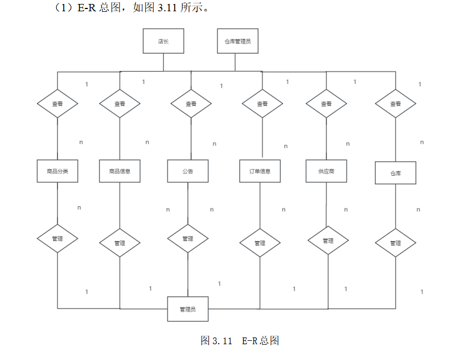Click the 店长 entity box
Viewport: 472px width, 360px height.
click(x=163, y=41)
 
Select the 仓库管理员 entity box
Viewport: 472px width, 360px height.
click(x=238, y=41)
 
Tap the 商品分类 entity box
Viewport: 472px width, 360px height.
click(x=57, y=171)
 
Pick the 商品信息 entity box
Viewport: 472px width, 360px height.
click(x=119, y=171)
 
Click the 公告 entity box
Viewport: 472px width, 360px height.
click(x=188, y=171)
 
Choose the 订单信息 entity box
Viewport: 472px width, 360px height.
click(x=260, y=171)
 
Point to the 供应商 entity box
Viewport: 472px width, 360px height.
click(x=326, y=171)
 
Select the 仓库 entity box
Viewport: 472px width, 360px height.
click(x=395, y=173)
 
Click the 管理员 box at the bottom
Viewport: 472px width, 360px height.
click(x=188, y=309)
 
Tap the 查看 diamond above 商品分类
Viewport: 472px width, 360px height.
click(x=57, y=104)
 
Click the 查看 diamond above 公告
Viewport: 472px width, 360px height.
click(x=191, y=104)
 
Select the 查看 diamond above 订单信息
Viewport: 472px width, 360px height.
click(x=262, y=104)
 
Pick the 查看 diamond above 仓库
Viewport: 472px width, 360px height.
click(x=395, y=104)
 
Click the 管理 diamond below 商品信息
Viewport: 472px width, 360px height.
click(x=119, y=243)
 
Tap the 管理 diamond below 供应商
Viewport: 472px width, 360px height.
click(x=328, y=241)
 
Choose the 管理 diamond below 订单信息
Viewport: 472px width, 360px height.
click(x=260, y=243)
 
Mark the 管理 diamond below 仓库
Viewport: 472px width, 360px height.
click(x=395, y=243)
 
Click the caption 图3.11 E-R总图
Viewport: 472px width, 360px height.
click(x=240, y=341)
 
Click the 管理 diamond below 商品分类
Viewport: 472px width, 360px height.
click(x=57, y=239)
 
